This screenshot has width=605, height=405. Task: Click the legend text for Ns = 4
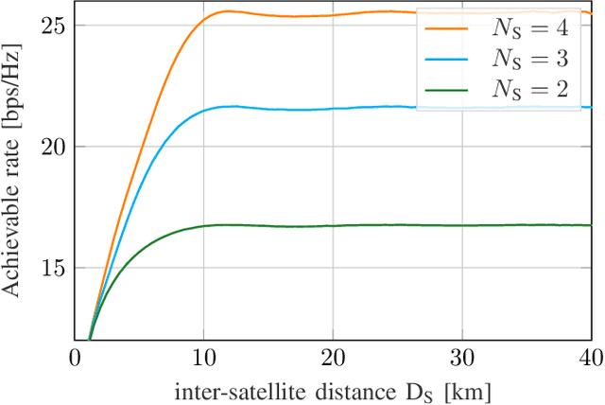point(531,28)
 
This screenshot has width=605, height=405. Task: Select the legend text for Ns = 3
point(531,58)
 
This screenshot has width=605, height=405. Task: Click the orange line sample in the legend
point(449,28)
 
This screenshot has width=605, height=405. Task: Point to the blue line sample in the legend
point(449,58)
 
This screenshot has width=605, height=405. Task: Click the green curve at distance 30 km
point(461,225)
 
